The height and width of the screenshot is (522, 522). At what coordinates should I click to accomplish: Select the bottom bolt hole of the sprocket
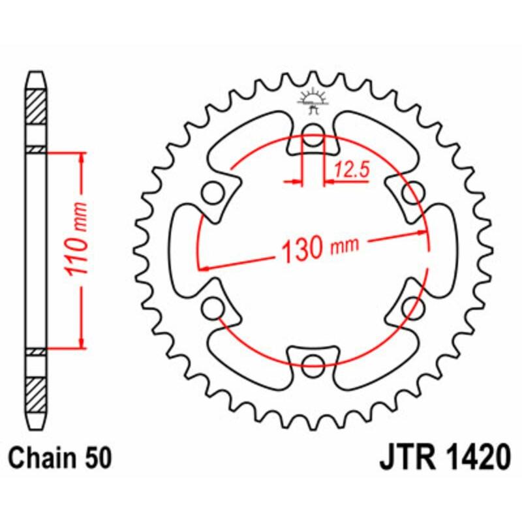[x=314, y=363]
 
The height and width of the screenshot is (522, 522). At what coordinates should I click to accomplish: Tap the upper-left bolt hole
[x=211, y=193]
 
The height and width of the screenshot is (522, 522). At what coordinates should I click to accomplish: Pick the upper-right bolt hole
[x=410, y=193]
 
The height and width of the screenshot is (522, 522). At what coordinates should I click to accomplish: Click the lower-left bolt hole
[x=211, y=307]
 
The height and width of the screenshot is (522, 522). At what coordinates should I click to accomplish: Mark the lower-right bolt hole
[x=410, y=307]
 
